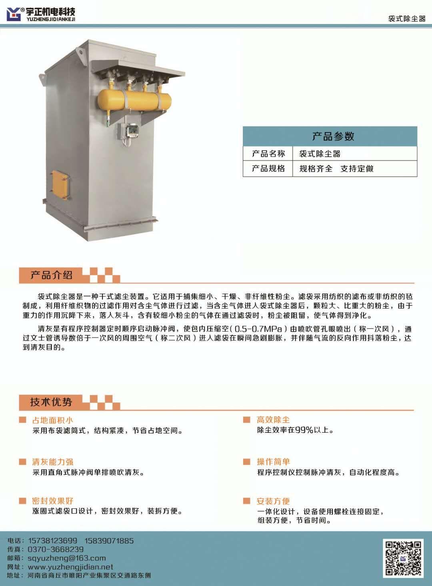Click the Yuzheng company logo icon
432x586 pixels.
[14, 14]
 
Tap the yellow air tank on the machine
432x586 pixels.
[134, 100]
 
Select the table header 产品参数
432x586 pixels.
[333, 136]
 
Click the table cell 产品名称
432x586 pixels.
[268, 154]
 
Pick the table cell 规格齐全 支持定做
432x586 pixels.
[336, 169]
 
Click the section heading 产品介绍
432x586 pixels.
[51, 275]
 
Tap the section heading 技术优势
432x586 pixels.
[51, 402]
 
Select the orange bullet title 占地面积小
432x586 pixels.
[52, 420]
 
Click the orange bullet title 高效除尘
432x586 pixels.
[273, 420]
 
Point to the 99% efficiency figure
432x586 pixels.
[304, 430]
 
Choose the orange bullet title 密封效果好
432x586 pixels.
[52, 501]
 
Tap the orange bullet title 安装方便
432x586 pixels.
[273, 501]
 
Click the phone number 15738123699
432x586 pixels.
[52, 541]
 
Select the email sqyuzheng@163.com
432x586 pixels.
[67, 558]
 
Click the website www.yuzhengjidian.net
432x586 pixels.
[70, 567]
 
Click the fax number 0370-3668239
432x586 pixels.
[56, 549]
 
